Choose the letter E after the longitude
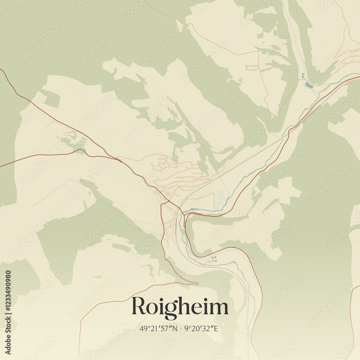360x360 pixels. tap(216, 328)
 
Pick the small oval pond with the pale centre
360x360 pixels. tap(303, 76)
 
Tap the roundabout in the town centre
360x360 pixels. tap(168, 200)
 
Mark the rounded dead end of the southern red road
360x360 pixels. tap(197, 284)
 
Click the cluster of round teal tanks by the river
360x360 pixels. tap(213, 258)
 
